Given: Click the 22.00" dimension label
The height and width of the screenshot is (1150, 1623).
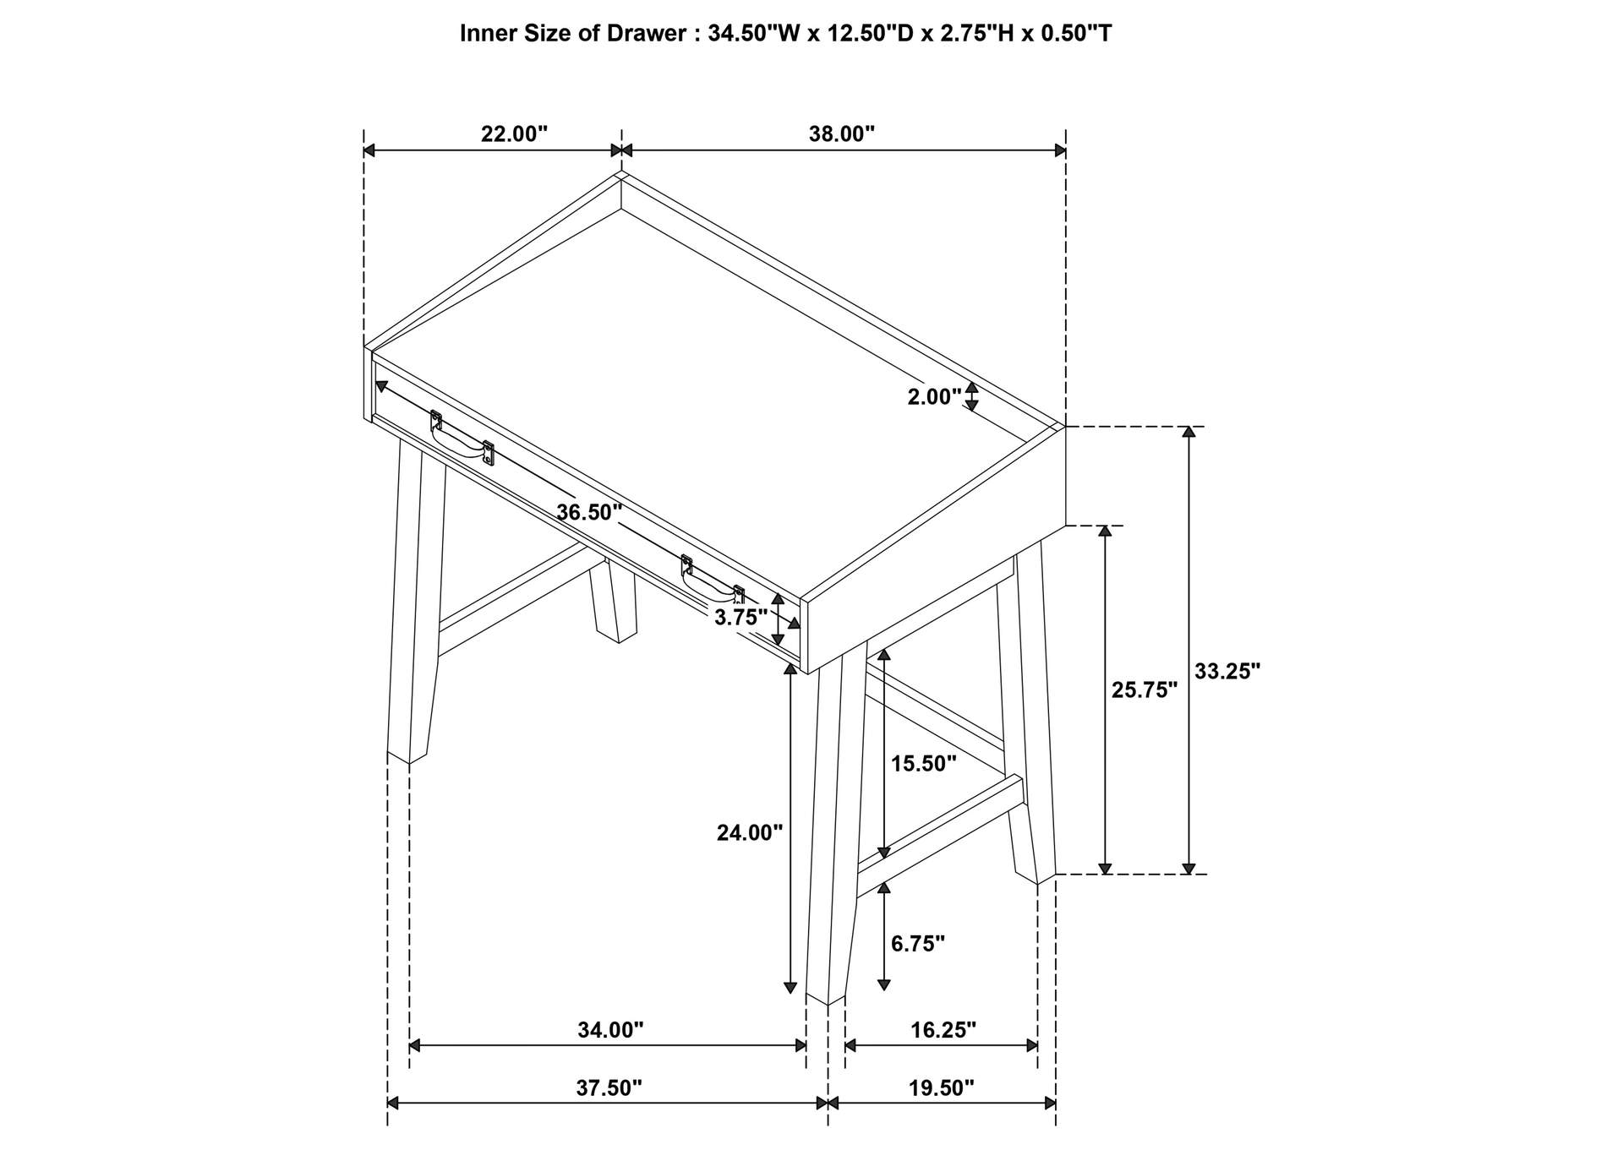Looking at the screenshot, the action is (514, 134).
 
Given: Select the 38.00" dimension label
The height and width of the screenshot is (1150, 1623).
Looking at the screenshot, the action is (841, 134).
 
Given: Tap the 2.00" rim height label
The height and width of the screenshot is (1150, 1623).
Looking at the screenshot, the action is (935, 396).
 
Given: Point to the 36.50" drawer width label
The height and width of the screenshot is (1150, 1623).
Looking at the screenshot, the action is (589, 512).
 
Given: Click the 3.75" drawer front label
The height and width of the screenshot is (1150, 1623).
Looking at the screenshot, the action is (741, 617).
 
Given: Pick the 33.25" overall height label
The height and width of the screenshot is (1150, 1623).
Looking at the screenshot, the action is (1227, 672).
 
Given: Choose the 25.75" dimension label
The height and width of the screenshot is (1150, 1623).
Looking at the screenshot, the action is (1145, 690).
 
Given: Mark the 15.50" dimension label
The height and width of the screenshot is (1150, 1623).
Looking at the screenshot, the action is (924, 764).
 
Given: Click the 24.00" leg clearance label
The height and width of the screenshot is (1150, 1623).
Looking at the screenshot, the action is (750, 833).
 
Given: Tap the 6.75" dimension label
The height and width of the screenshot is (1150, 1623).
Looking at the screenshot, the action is (918, 944).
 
